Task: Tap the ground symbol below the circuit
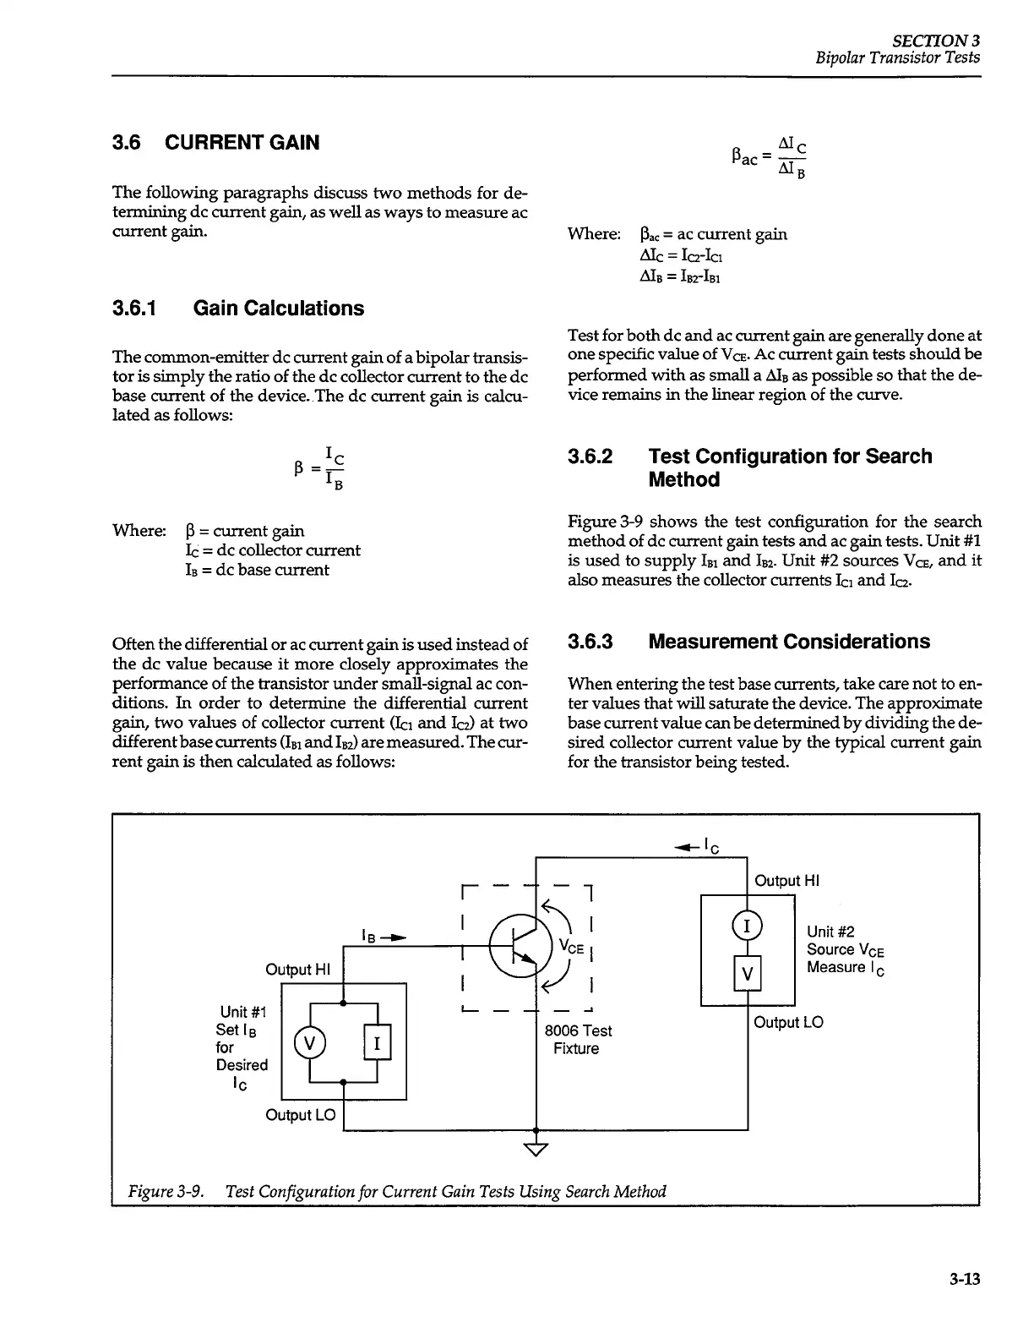536,1147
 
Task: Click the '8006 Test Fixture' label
578,1040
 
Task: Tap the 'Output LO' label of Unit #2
787,1023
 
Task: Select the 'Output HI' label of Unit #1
298,969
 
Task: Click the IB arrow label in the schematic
378,937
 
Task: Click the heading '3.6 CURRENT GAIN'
216,143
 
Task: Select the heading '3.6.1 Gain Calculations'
238,309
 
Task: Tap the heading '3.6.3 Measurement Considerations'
748,642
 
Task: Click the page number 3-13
963,1280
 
